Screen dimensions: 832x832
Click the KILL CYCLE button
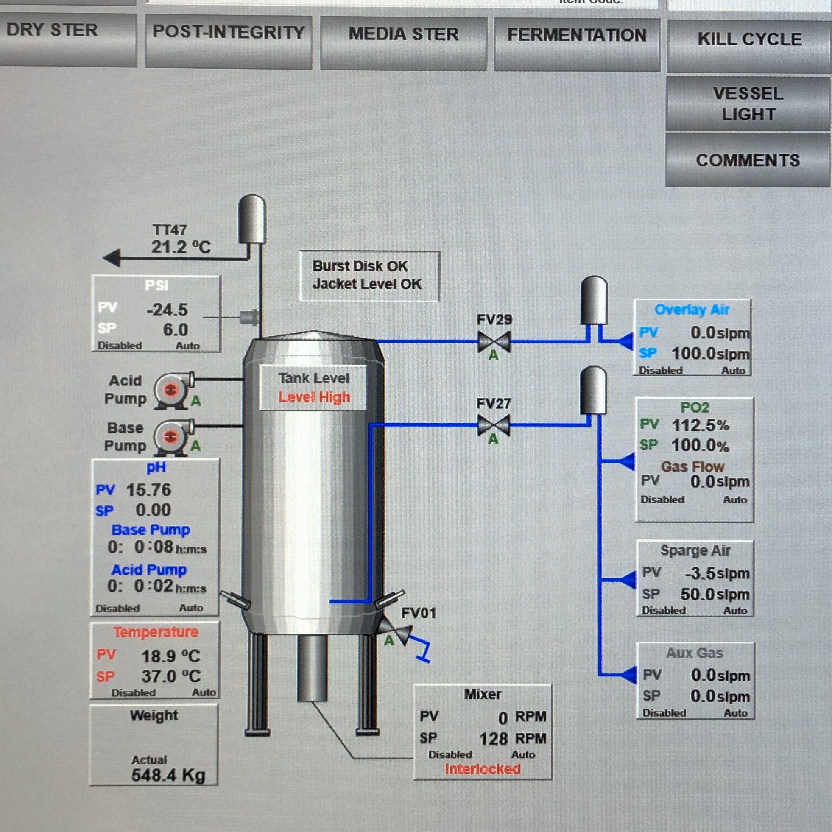(x=749, y=40)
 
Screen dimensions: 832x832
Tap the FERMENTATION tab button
(x=577, y=36)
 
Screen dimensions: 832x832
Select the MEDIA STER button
(x=404, y=35)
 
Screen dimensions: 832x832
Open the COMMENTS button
(x=748, y=161)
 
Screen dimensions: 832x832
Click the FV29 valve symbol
(x=494, y=342)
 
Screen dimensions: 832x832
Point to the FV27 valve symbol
(x=494, y=425)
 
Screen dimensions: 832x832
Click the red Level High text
(x=314, y=397)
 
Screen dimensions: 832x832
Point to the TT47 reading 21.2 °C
(x=181, y=247)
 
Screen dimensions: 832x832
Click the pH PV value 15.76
(x=148, y=490)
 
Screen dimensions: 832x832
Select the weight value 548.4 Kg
(x=168, y=775)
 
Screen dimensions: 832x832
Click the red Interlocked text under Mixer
(x=482, y=769)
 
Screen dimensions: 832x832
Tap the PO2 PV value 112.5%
(x=701, y=425)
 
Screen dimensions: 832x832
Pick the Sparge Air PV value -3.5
(x=700, y=573)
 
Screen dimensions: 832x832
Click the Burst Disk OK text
(x=360, y=266)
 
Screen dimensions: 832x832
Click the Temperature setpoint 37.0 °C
(x=171, y=676)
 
